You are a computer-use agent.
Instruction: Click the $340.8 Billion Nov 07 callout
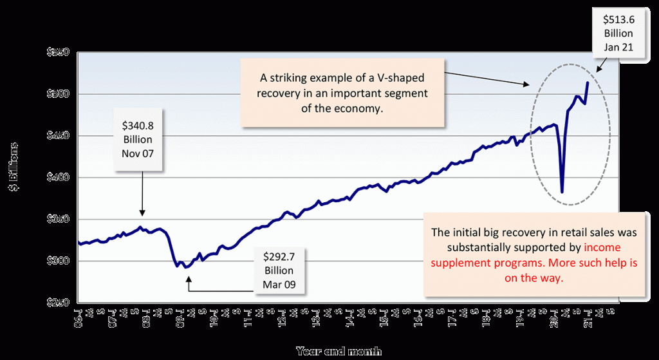(x=137, y=139)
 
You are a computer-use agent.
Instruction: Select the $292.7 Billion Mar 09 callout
(x=278, y=270)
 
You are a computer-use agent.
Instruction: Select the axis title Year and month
(x=339, y=351)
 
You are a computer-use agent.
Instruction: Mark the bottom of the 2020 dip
(x=562, y=192)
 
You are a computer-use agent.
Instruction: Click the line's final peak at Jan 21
(x=587, y=82)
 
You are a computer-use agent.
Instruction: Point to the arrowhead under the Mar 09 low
(x=189, y=279)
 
